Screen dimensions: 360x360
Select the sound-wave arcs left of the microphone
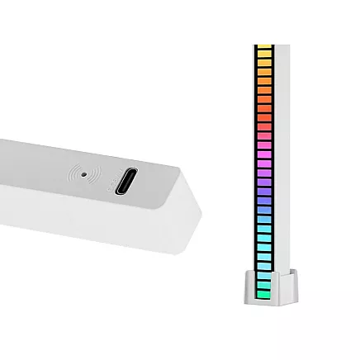(76, 173)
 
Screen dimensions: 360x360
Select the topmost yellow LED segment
(264, 51)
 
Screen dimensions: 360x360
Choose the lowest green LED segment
(264, 291)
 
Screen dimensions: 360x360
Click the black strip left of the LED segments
(254, 165)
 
